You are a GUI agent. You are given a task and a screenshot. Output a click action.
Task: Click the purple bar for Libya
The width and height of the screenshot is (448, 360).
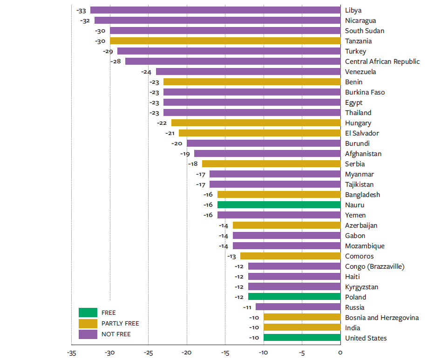tap(215, 10)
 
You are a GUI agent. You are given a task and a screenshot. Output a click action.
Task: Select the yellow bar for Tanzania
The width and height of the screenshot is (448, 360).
tap(225, 41)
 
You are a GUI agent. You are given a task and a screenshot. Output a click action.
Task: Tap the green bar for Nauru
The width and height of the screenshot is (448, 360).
tap(278, 205)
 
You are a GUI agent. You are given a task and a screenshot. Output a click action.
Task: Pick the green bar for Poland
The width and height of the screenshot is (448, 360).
tap(294, 297)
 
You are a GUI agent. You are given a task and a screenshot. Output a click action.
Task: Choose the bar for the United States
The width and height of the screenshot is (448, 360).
tap(302, 338)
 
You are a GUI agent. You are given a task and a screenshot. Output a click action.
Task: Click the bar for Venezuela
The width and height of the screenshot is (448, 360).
tap(248, 72)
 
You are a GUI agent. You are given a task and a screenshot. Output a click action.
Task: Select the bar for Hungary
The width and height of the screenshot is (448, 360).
tap(256, 123)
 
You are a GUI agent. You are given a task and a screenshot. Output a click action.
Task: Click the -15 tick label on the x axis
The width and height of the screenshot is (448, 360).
tap(225, 353)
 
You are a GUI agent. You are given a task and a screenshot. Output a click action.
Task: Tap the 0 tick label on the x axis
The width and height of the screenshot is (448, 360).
tap(340, 353)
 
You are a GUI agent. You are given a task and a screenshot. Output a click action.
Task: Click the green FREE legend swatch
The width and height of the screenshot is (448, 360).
tap(88, 312)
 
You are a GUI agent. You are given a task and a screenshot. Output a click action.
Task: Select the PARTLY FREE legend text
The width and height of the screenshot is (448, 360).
tap(120, 324)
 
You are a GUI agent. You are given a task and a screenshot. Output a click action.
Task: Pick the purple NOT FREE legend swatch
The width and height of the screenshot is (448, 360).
tap(88, 334)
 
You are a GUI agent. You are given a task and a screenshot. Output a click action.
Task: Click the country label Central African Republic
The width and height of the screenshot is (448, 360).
tap(382, 61)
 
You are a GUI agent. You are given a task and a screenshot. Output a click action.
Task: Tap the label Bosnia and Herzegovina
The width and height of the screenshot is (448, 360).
tap(382, 318)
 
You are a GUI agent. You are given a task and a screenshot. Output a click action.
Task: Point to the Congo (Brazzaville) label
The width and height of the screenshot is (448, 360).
tap(375, 266)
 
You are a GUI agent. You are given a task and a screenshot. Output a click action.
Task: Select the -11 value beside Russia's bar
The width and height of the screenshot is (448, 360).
tap(247, 307)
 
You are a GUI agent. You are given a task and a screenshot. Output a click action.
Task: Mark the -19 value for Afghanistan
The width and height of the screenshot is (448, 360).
tap(185, 154)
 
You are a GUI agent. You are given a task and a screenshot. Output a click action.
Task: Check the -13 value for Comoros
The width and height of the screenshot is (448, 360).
tap(232, 256)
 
